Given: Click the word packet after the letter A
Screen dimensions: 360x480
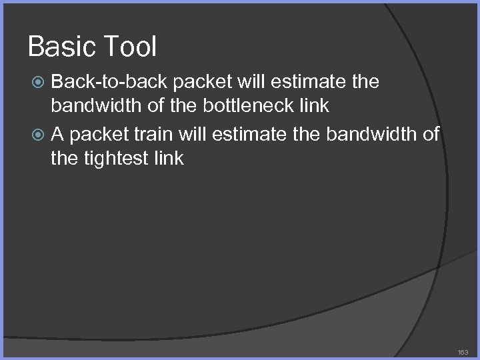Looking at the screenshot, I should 98,134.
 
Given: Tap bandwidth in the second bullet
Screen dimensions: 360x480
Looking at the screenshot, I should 367,134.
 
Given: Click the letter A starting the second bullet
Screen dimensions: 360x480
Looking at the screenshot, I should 58,134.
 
